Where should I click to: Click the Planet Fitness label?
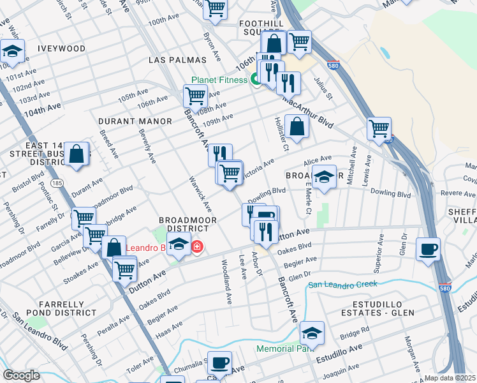(x=219, y=80)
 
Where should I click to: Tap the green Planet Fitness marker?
(x=255, y=80)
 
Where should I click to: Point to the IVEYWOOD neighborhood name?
(x=61, y=49)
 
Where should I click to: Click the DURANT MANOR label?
(x=135, y=121)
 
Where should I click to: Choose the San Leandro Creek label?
(x=342, y=284)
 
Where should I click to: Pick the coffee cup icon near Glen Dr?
(x=427, y=248)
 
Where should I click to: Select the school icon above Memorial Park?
(x=311, y=333)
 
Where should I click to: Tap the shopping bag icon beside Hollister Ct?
(x=297, y=126)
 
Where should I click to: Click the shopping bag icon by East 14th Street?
(x=77, y=154)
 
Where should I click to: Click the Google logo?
(x=21, y=375)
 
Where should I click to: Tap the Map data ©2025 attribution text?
(x=450, y=378)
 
